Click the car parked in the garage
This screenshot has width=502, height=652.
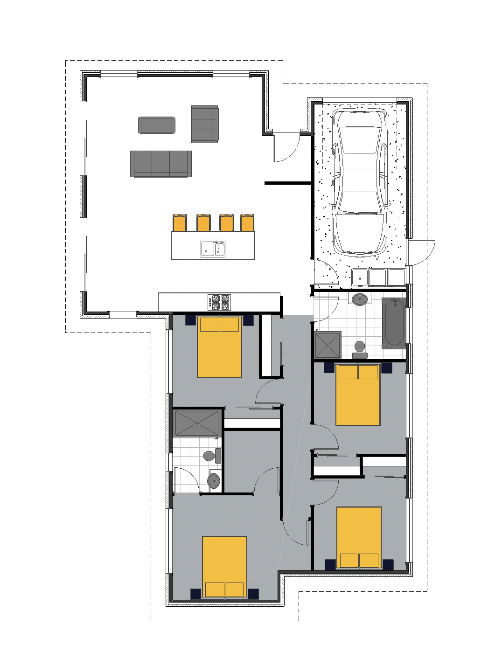[359, 182]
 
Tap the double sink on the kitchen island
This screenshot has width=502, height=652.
[213, 249]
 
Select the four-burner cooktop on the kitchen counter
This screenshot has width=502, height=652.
[219, 302]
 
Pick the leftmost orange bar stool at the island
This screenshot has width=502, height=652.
[180, 223]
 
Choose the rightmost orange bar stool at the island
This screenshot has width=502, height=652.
[247, 223]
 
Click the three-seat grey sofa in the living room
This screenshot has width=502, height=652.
[160, 164]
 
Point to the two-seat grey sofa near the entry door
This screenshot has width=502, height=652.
[204, 124]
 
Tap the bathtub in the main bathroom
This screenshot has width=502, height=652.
[394, 323]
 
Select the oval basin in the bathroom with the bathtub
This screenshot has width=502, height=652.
[359, 299]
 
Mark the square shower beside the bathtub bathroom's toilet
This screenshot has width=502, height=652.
[328, 345]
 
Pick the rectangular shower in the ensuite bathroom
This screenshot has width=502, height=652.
[196, 423]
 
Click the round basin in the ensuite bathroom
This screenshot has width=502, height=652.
[214, 480]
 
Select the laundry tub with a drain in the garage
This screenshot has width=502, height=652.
[360, 277]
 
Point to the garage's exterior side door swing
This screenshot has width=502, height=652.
[422, 252]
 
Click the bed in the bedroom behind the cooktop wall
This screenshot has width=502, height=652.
[219, 347]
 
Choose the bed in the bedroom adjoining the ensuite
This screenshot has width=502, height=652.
[224, 567]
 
